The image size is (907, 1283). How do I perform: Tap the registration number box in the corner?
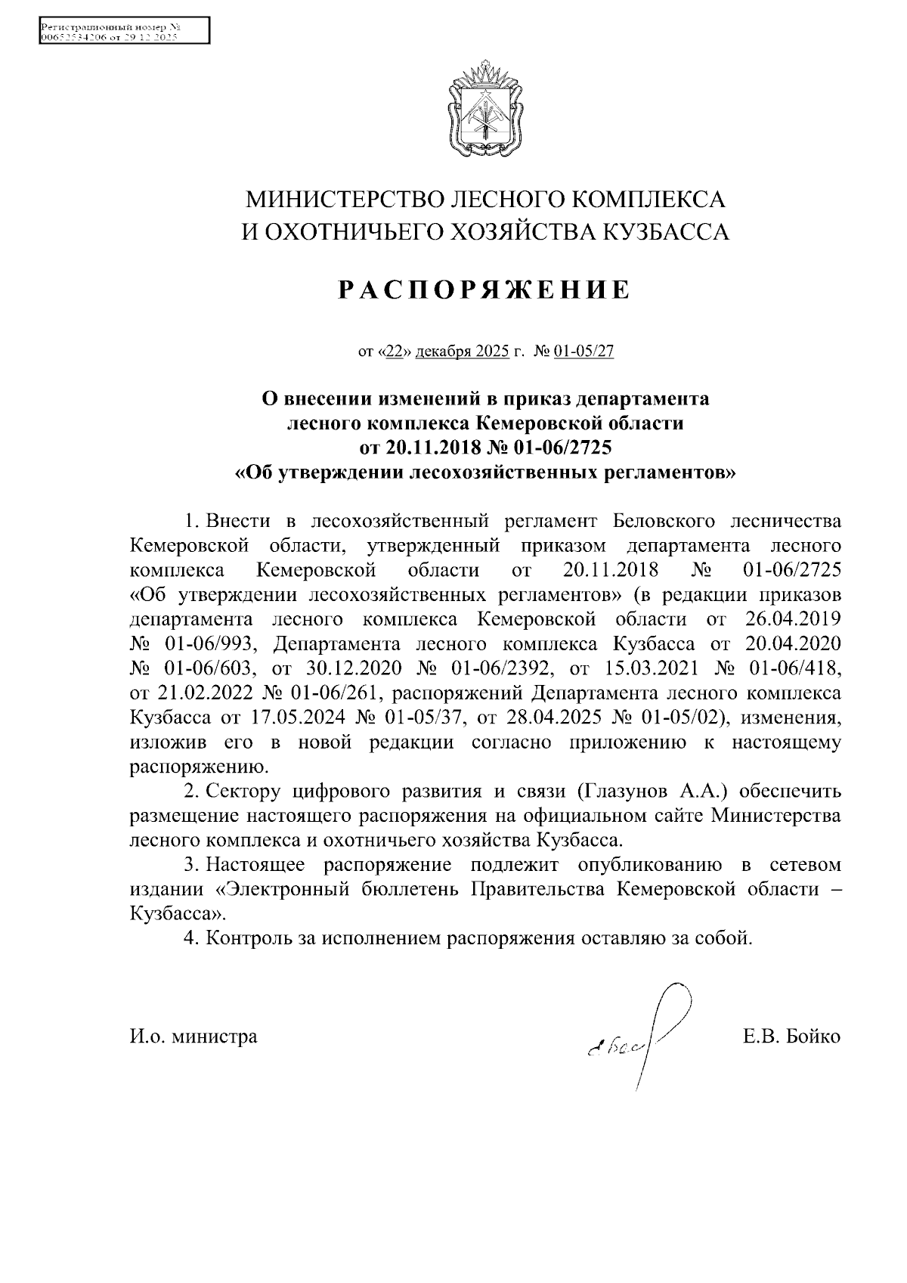(122, 30)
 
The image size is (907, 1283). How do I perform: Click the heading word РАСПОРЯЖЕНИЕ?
(484, 290)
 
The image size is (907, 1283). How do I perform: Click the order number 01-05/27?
(584, 352)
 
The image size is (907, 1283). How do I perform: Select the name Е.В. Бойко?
(791, 1036)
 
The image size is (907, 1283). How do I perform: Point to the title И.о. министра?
(193, 1036)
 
